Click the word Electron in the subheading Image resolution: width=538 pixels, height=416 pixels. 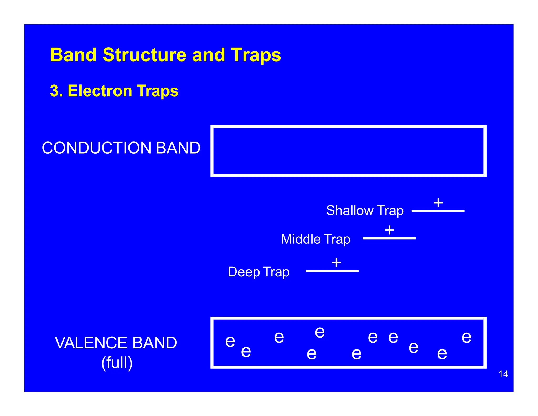[x=100, y=91]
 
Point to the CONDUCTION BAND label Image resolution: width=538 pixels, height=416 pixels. [x=121, y=148]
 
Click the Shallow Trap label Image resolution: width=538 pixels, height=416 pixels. [x=365, y=211]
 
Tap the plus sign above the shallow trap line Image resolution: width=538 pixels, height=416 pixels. [x=438, y=202]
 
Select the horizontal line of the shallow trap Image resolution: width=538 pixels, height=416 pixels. [x=438, y=211]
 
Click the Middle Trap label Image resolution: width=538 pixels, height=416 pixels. [x=315, y=239]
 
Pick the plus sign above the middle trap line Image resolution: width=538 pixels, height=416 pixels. [x=389, y=230]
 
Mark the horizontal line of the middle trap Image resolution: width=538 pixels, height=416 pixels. [x=389, y=238]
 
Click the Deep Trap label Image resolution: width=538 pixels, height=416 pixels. [x=258, y=272]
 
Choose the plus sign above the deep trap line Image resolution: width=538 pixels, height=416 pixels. [x=336, y=262]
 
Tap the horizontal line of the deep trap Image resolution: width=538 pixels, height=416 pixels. [x=332, y=271]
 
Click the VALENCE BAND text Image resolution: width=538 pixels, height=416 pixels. [x=116, y=343]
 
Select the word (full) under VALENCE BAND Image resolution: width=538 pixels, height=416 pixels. [x=117, y=363]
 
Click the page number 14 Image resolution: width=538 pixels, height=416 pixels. [x=503, y=374]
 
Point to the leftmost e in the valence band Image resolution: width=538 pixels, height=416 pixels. [x=230, y=342]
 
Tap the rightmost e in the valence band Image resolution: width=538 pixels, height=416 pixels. [x=467, y=337]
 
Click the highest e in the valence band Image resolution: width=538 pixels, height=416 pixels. [x=320, y=333]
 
